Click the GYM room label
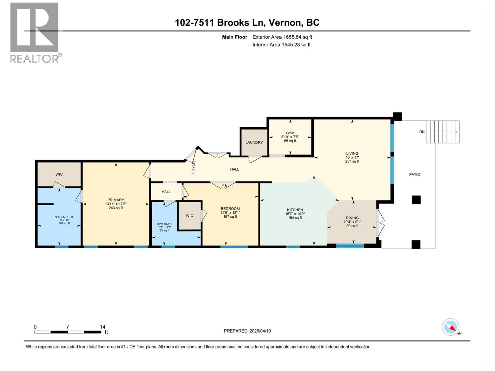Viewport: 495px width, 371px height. (x=290, y=133)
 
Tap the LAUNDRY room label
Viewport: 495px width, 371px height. (x=254, y=143)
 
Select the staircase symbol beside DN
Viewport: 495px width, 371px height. (x=443, y=132)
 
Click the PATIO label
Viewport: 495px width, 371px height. (x=415, y=174)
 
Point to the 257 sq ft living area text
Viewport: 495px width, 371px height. (x=352, y=161)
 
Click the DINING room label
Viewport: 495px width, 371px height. (x=352, y=218)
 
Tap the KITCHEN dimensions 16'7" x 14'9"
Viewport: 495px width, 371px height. (x=295, y=214)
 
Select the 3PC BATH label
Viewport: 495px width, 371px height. (x=164, y=224)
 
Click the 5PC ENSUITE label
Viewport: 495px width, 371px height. (x=64, y=217)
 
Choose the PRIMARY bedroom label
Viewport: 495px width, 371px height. (x=115, y=200)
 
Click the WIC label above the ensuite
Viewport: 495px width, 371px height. (x=59, y=174)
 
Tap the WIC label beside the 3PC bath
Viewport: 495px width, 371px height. (x=189, y=215)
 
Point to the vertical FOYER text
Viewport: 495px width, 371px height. (x=193, y=167)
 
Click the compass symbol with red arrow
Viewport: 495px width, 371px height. (x=451, y=327)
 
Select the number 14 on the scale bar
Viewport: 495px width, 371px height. (x=102, y=326)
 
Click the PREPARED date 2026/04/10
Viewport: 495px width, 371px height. (x=260, y=331)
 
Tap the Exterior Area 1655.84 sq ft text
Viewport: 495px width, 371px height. (x=282, y=37)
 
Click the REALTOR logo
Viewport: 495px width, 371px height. (x=34, y=32)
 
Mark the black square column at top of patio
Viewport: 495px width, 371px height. (x=397, y=117)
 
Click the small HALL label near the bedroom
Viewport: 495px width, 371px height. (x=166, y=192)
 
